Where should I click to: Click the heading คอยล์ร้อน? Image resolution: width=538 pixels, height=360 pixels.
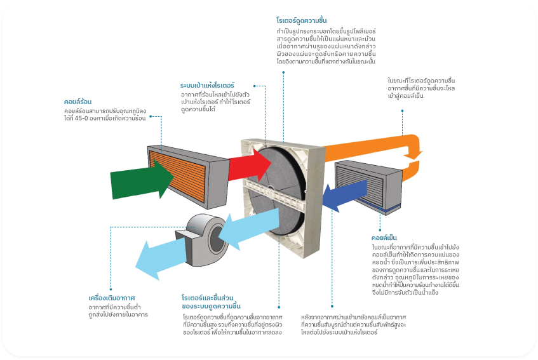click(77, 101)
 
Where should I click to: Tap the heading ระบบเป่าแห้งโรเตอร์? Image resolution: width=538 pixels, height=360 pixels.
click(208, 84)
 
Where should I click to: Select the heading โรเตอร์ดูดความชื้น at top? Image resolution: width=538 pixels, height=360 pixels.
click(302, 21)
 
